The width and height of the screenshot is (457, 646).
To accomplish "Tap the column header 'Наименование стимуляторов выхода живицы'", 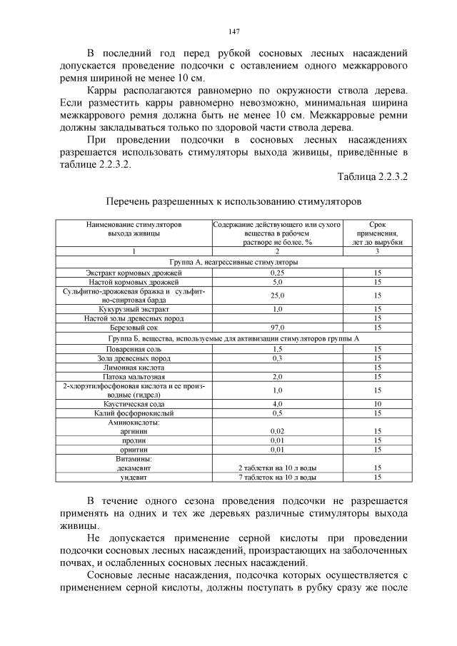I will (134, 228).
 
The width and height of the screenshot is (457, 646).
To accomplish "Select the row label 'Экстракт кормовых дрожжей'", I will (134, 273).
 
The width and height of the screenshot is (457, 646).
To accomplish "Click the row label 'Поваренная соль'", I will (134, 348).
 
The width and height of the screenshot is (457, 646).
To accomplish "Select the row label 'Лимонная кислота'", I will (134, 367).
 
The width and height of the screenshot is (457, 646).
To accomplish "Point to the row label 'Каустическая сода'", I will (134, 403).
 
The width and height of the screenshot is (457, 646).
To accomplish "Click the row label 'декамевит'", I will (134, 468).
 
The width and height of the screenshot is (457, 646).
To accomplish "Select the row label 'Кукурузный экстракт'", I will (134, 309).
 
